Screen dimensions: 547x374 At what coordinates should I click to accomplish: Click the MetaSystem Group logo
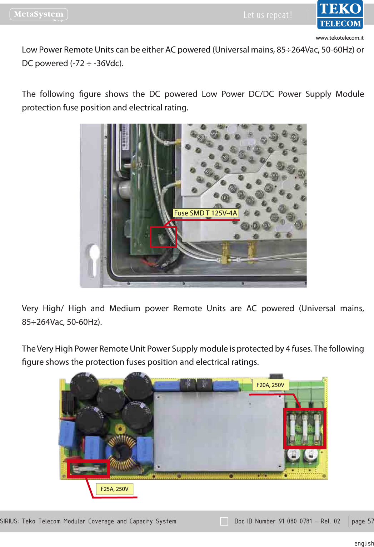(39, 14)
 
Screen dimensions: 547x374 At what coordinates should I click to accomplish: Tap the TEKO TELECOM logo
(340, 15)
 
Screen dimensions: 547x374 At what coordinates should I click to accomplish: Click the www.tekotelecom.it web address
(339, 38)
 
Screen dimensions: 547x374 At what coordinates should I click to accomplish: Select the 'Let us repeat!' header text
(268, 15)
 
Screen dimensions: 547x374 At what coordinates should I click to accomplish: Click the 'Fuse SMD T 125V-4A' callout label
(205, 213)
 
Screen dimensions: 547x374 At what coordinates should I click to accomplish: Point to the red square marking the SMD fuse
(163, 237)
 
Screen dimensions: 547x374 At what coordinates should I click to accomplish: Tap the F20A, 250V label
(270, 385)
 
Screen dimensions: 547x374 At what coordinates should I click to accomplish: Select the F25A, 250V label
(114, 489)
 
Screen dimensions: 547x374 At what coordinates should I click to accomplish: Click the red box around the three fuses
(305, 428)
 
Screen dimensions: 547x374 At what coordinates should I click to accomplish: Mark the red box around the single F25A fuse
(88, 469)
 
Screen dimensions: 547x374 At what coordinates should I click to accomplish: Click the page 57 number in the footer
(362, 521)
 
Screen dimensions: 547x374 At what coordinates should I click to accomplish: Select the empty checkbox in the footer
(224, 521)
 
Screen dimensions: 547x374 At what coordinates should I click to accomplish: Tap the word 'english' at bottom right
(364, 543)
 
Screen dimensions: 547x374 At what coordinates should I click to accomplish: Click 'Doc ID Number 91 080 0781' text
(273, 521)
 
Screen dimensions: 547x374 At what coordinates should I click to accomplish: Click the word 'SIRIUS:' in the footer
(10, 521)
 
